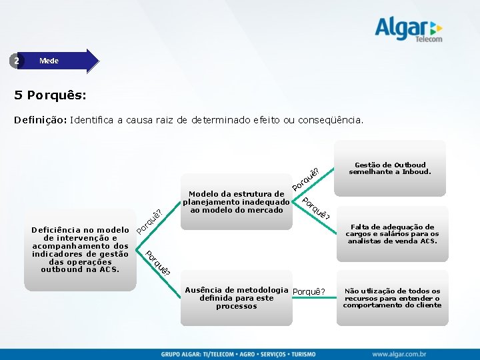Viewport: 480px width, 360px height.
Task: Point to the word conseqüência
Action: (331, 121)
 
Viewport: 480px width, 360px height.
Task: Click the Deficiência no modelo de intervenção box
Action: (80, 249)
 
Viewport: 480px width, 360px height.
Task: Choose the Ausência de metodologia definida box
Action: (237, 298)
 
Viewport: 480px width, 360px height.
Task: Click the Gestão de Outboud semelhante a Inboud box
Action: (390, 168)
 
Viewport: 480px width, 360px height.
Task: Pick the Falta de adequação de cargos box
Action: (391, 234)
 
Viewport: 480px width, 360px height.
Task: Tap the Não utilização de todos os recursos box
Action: (391, 298)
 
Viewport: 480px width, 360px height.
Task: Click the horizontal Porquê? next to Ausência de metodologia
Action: (309, 291)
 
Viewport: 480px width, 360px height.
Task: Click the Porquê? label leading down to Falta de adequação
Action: (315, 209)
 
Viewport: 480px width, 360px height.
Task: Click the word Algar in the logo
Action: (401, 29)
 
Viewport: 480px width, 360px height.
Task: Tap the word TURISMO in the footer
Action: (302, 353)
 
